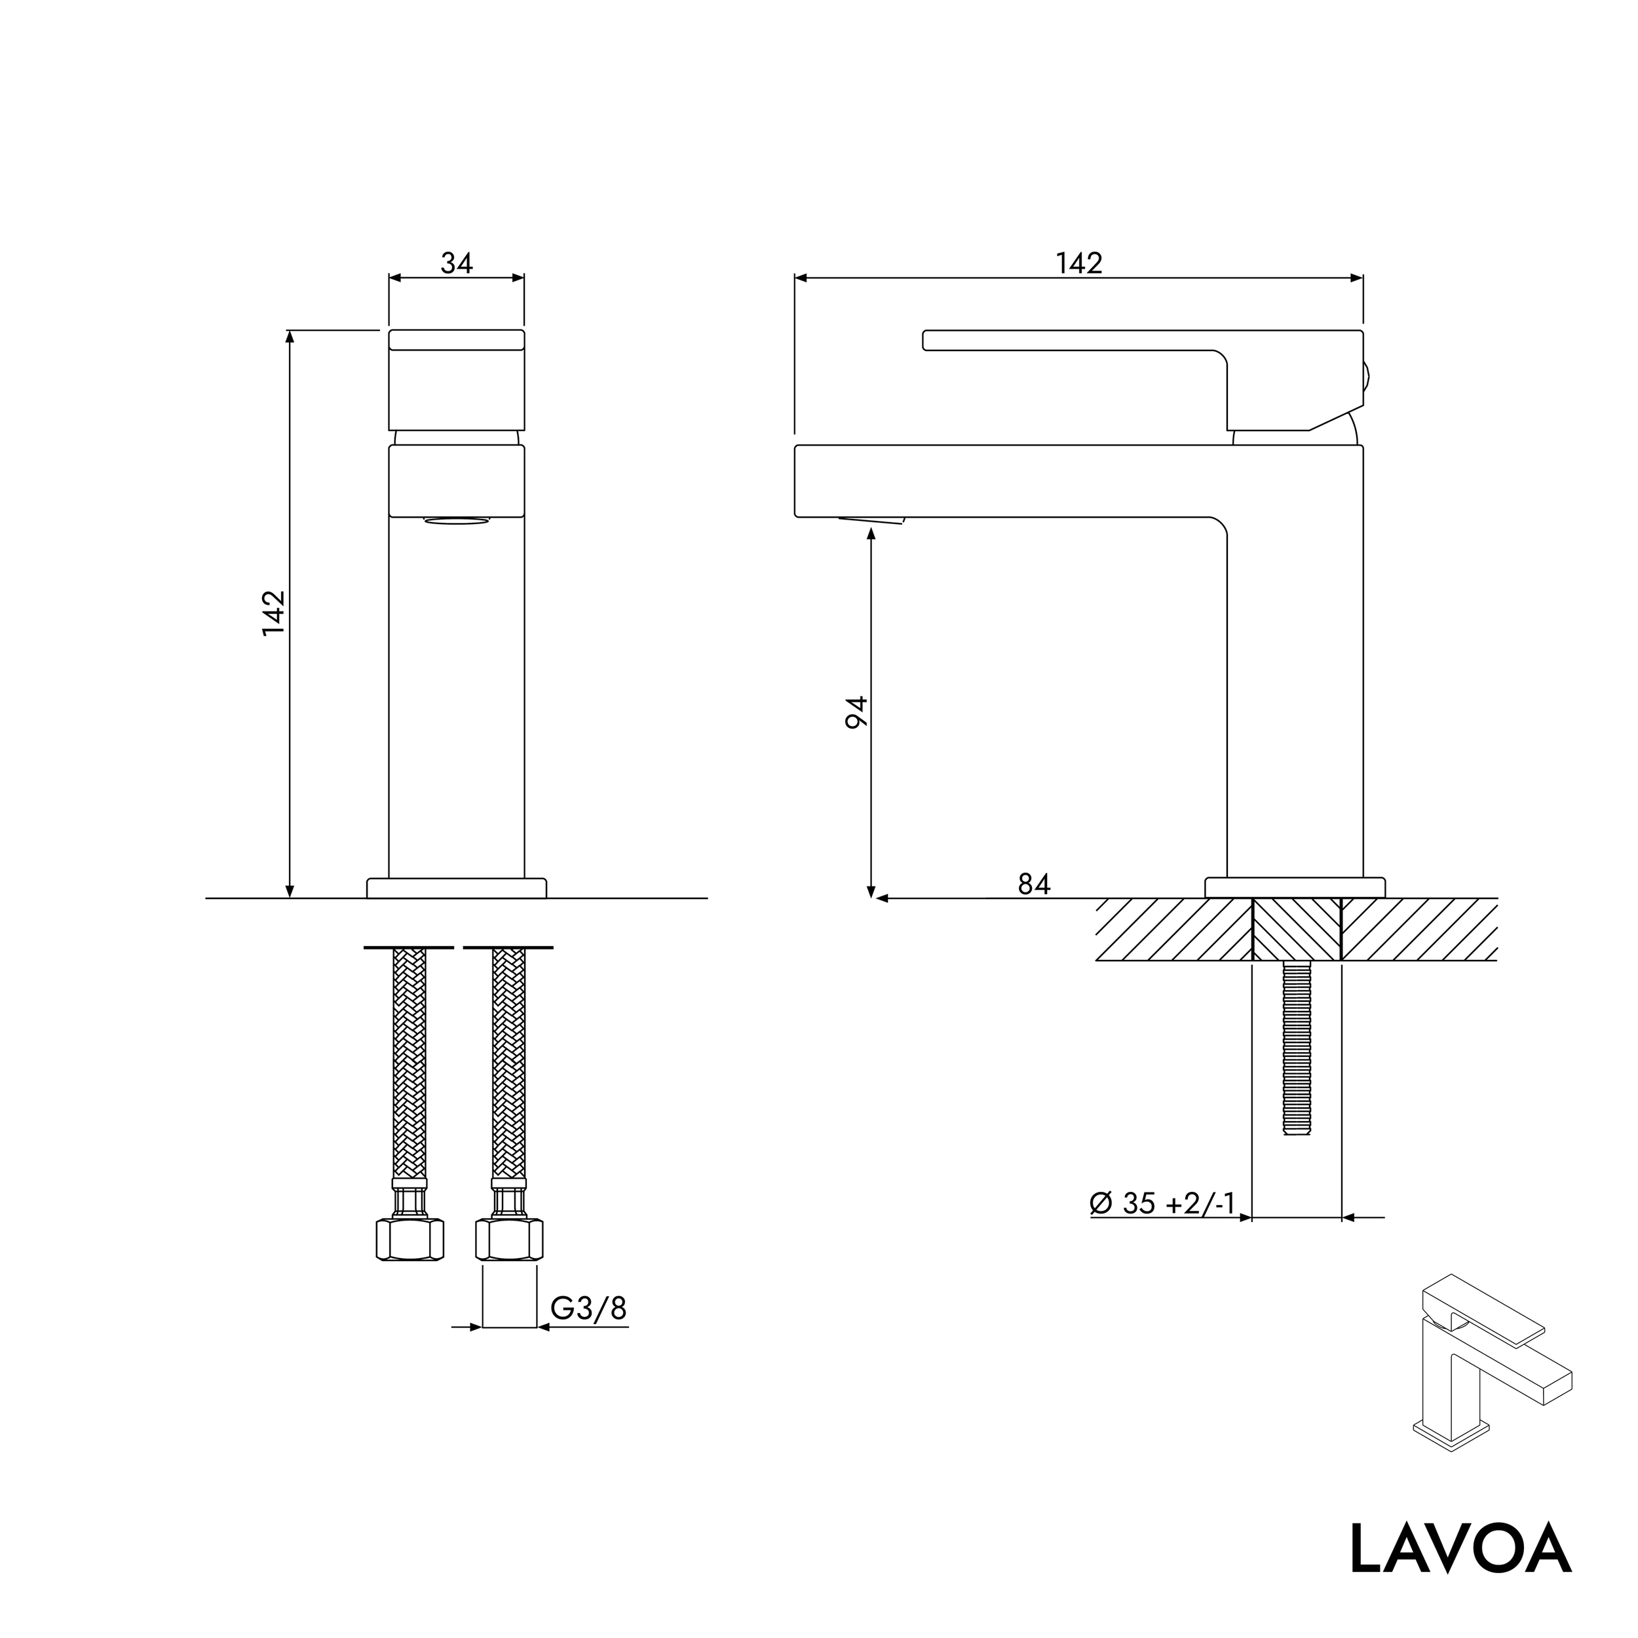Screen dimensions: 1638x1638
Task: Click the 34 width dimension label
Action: [456, 263]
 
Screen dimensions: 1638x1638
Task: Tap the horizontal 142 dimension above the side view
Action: [1078, 263]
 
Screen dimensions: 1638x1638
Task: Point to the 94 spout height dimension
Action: [857, 712]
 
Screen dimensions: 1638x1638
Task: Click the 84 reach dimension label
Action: [1033, 885]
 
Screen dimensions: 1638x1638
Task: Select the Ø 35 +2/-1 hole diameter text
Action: [1162, 1202]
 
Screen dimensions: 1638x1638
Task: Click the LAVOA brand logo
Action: [1460, 1548]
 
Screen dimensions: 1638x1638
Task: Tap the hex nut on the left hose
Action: [410, 1240]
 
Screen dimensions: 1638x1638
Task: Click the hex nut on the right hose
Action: [508, 1240]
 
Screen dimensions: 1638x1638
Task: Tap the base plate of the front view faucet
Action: [456, 888]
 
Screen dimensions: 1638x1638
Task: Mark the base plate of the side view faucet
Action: [1295, 888]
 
